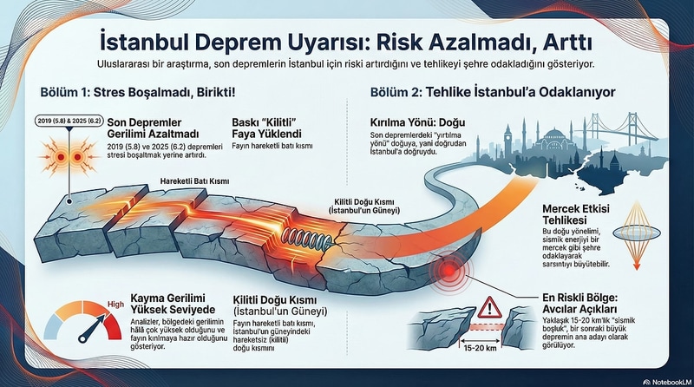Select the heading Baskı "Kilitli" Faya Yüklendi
[x=268, y=128]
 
